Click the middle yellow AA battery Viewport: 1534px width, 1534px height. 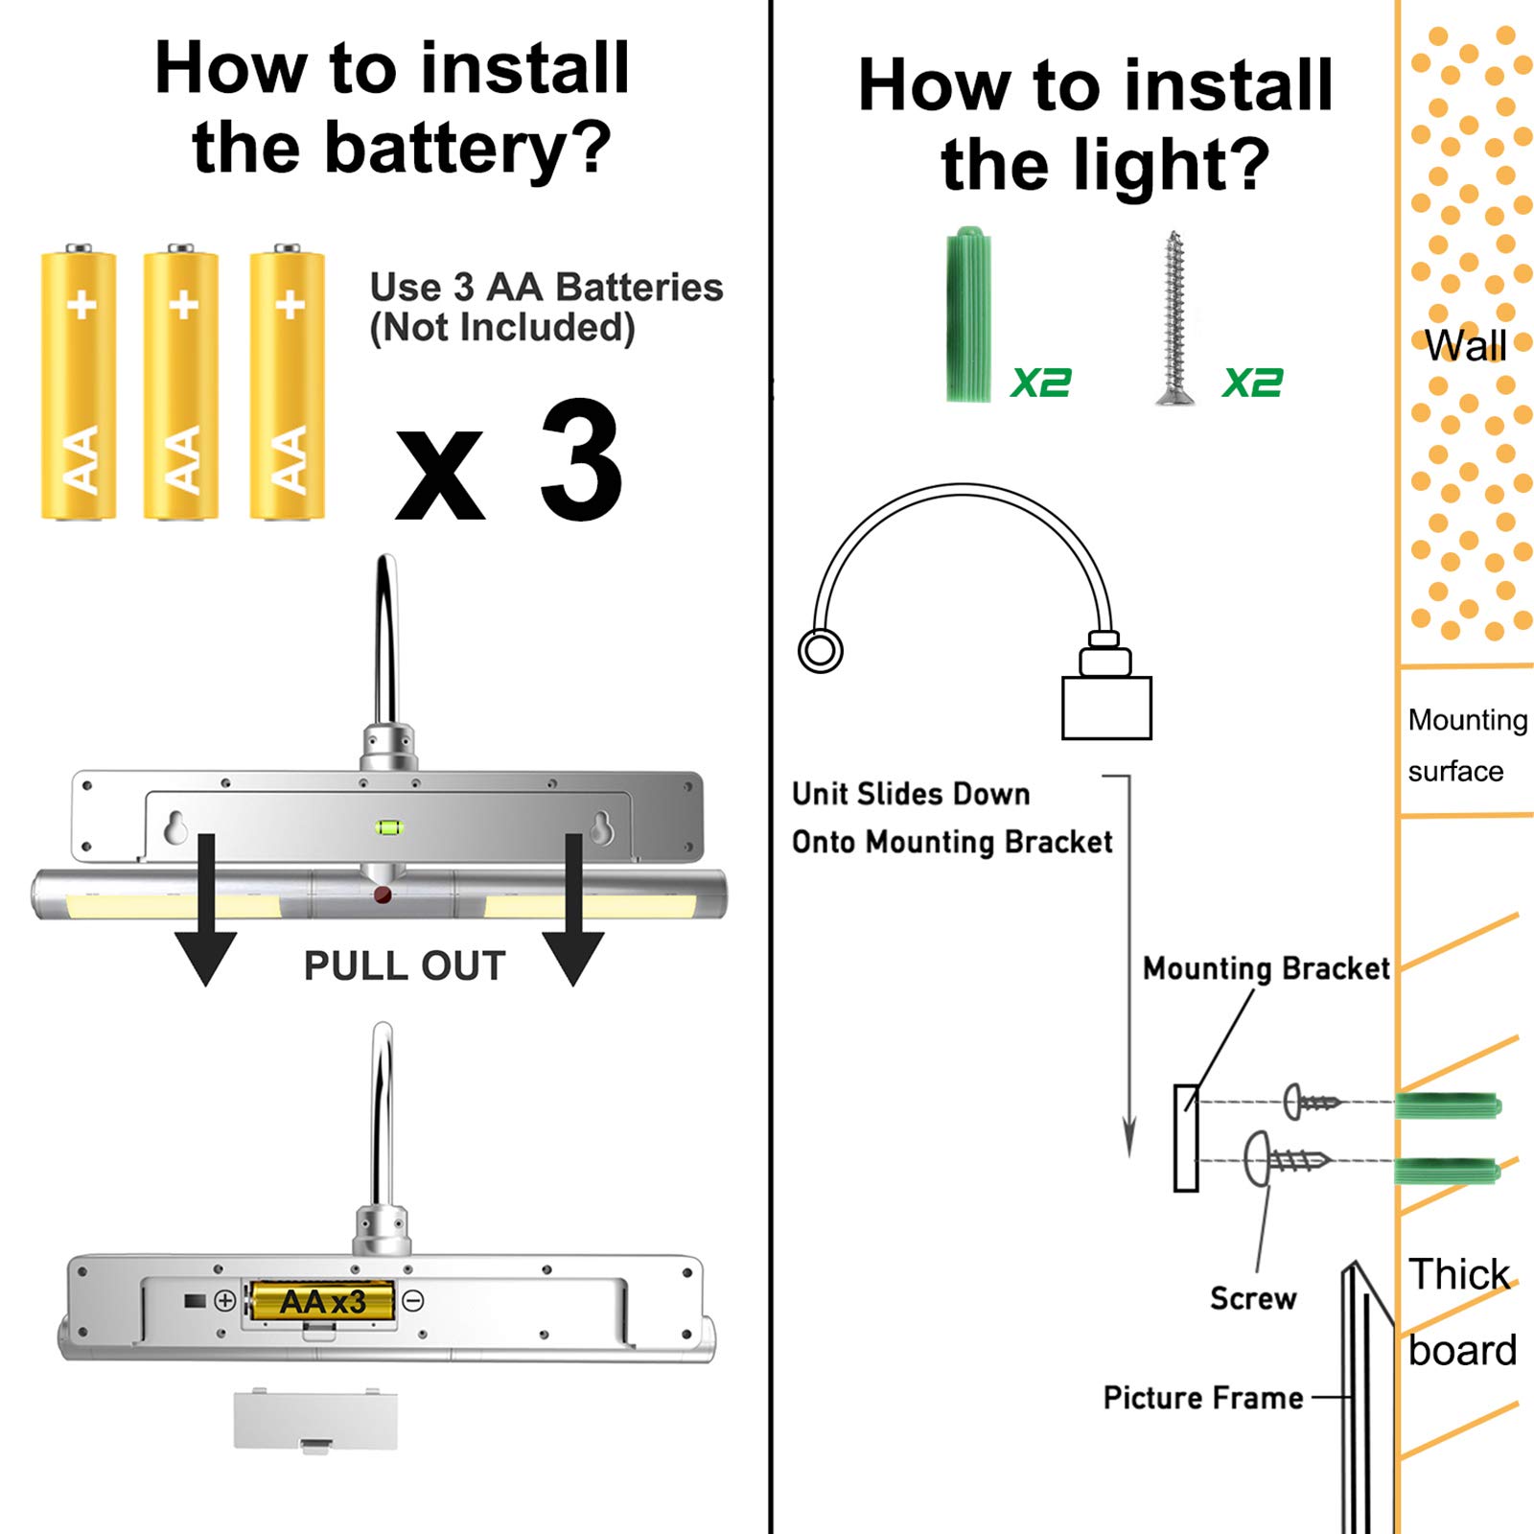click(x=181, y=383)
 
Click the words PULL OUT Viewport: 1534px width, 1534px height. click(x=404, y=965)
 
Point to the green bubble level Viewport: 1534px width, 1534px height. click(x=388, y=826)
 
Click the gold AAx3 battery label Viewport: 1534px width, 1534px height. click(x=322, y=1302)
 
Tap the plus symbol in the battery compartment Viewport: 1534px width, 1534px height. click(x=224, y=1301)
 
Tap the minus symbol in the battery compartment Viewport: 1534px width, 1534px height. click(x=413, y=1301)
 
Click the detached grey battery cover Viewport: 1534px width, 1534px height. click(x=315, y=1420)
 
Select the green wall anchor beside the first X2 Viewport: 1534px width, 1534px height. click(x=968, y=314)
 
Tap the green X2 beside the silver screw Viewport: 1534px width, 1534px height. click(x=1252, y=383)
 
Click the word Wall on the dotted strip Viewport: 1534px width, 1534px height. click(x=1465, y=345)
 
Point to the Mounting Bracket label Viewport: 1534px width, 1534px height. click(x=1266, y=968)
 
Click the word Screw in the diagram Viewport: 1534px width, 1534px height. click(x=1252, y=1298)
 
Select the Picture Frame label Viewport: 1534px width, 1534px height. click(x=1203, y=1398)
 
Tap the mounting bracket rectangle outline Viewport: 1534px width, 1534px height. click(x=1186, y=1138)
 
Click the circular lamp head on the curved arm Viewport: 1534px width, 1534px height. click(x=821, y=651)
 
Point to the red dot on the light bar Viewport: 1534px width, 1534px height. click(x=383, y=895)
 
